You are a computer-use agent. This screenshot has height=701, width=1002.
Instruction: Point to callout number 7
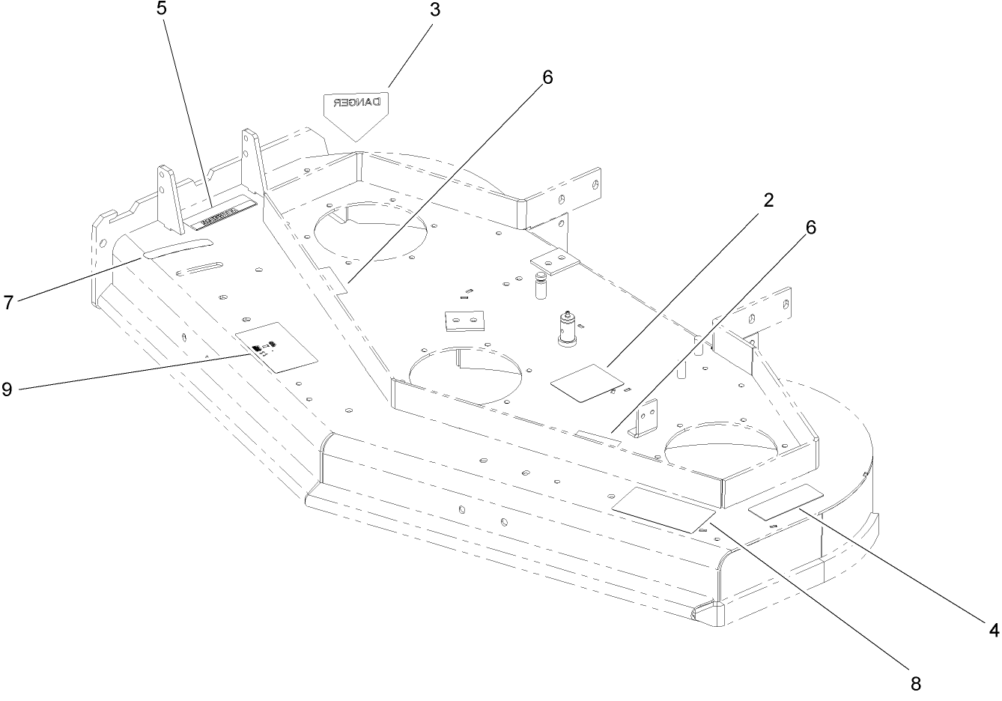8,303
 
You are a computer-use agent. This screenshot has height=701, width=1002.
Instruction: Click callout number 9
7,389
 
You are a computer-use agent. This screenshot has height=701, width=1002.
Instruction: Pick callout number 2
768,201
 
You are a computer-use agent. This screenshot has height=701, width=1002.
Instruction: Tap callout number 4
994,630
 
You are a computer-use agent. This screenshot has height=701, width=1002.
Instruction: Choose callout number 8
915,683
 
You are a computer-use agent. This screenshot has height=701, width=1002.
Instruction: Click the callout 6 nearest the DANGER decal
547,76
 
